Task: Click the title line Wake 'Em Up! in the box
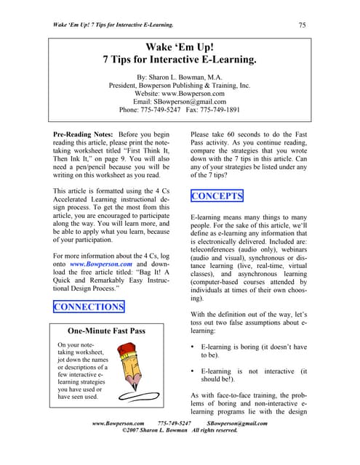point(179,49)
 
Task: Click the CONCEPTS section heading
point(217,197)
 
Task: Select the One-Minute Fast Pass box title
point(106,331)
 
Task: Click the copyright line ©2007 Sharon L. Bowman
point(180,430)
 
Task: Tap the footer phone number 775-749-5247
point(175,422)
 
